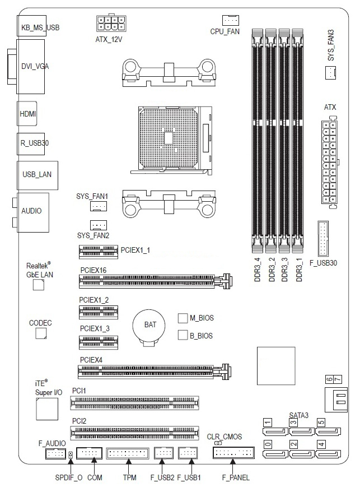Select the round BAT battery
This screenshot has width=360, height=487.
coord(149,326)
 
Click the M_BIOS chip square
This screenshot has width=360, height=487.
coord(182,318)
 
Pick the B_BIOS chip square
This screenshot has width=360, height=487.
coord(182,335)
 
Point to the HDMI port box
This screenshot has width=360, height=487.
coord(28,113)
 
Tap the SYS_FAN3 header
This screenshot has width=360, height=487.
coord(331,72)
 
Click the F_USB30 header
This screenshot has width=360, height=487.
coord(323,239)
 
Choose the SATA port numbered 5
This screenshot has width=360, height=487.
coord(328,431)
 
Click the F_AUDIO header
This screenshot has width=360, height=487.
coord(55,453)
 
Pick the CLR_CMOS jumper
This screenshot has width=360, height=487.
coord(217,442)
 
